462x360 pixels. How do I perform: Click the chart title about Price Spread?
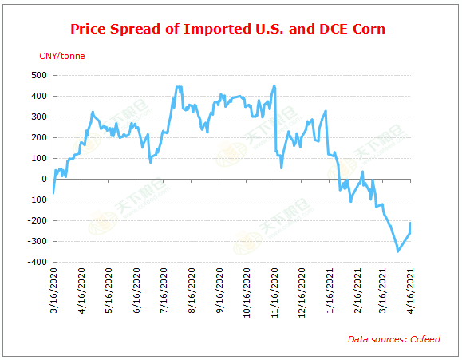tap(228, 30)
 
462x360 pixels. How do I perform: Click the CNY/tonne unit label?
tap(62, 56)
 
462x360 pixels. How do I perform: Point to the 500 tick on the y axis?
tap(38, 75)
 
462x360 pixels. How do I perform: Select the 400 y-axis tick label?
tap(38, 96)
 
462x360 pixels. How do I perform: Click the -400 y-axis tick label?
tap(36, 262)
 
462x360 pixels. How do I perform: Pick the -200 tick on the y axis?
tap(36, 220)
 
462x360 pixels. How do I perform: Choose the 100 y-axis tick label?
tap(38, 158)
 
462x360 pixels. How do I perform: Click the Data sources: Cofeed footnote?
tap(393, 339)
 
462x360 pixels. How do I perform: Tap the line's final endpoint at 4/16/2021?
tap(411, 223)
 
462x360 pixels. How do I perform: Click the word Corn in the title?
tap(367, 30)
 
